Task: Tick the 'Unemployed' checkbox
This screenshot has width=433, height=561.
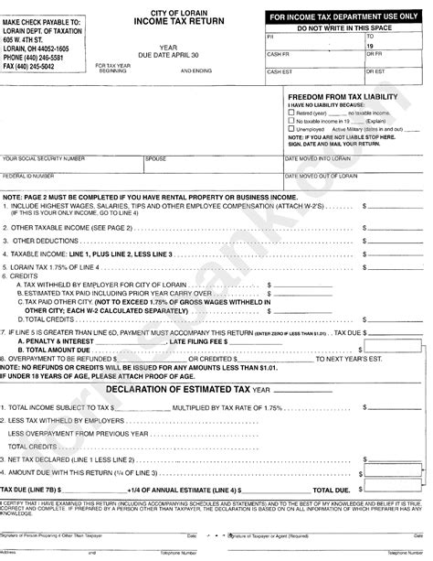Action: [291, 127]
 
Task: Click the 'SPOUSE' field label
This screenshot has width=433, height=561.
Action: [156, 158]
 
